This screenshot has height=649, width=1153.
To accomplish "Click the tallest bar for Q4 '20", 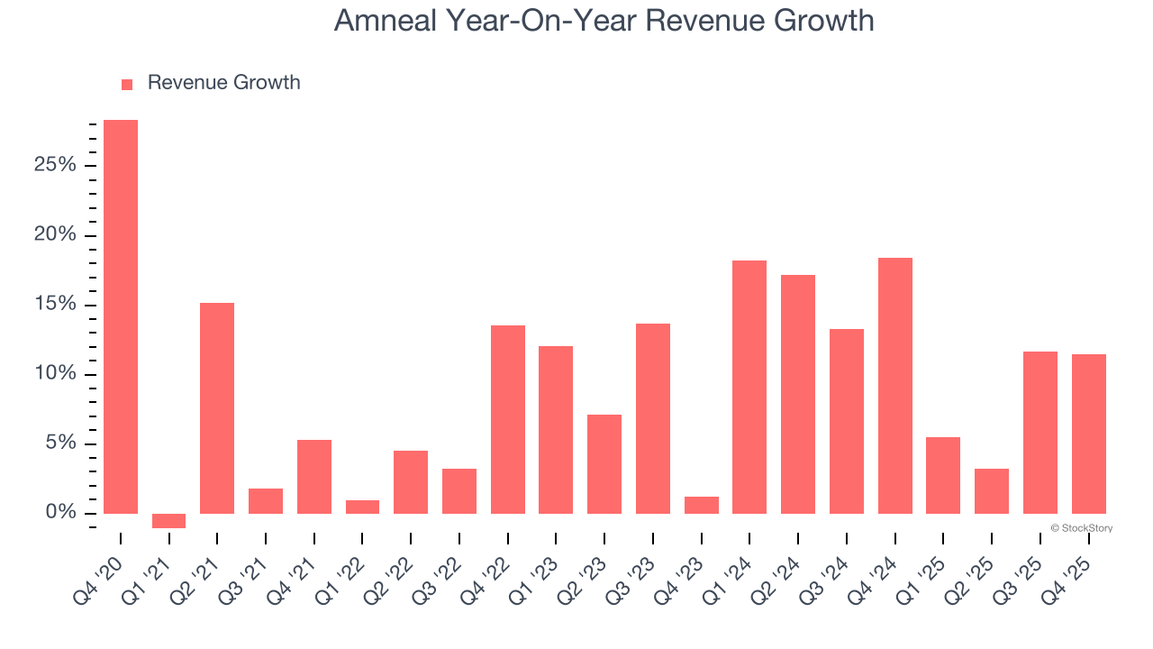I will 121,316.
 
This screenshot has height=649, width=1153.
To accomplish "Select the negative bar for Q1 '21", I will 168,521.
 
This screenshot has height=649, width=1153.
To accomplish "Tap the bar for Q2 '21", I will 217,407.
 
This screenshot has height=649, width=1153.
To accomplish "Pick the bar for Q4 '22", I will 508,419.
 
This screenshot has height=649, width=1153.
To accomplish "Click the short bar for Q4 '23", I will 702,505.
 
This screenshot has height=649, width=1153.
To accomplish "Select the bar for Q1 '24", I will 749,387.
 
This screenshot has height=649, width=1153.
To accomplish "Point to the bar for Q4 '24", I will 895,386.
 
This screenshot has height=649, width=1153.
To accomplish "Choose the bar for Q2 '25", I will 992,491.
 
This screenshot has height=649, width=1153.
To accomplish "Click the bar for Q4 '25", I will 1089,434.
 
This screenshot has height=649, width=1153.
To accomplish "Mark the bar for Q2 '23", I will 604,464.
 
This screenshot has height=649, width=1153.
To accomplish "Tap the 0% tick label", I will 61,513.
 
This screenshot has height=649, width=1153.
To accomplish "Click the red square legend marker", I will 127,84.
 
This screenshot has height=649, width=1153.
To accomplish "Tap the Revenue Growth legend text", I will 223,83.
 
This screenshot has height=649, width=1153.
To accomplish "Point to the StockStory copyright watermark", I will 1081,528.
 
